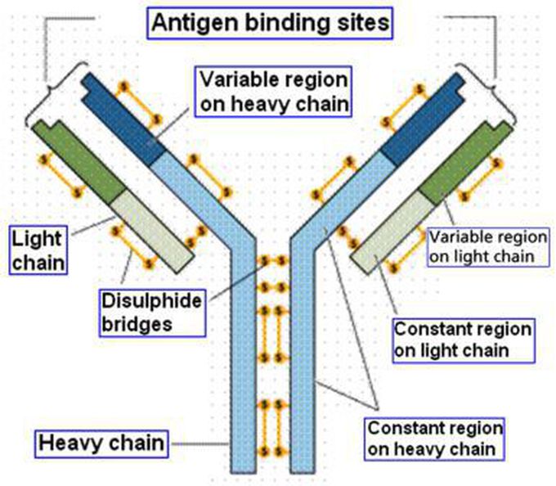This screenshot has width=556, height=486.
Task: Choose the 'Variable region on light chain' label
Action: pos(482,245)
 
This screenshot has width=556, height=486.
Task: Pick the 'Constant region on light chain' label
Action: pos(463,340)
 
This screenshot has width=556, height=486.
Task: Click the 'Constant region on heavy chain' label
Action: pos(434,438)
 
